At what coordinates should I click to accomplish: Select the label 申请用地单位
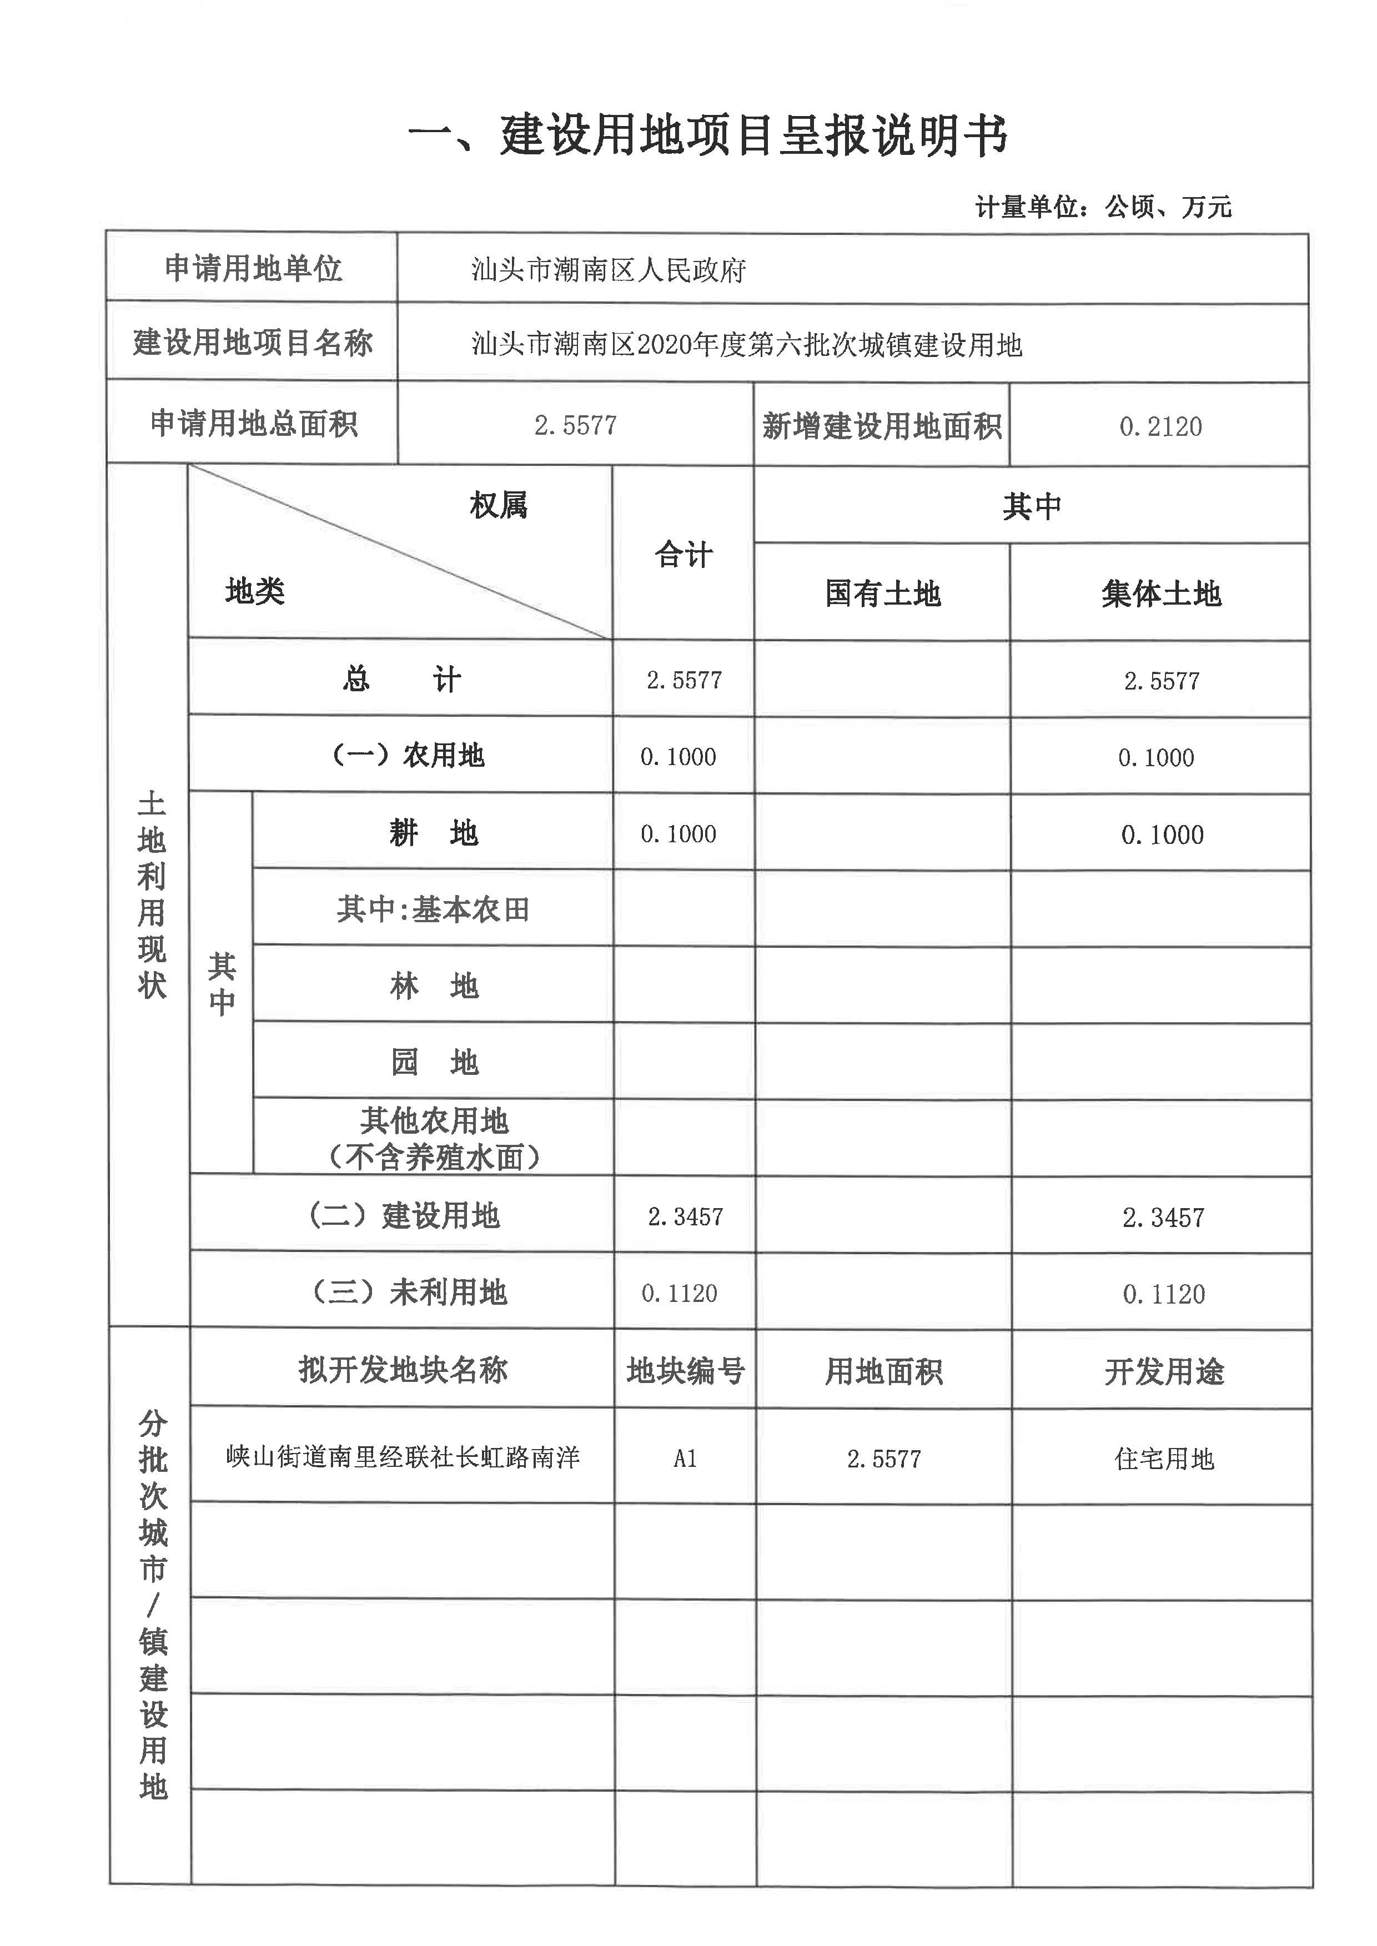point(253,268)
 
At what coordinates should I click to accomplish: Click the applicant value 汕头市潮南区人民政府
point(608,270)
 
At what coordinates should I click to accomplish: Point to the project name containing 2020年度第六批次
point(746,345)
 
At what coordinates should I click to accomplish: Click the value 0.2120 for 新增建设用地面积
point(1160,426)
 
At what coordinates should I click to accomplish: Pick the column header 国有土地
point(883,594)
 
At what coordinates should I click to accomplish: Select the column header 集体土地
point(1161,594)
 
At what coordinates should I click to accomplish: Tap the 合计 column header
point(684,555)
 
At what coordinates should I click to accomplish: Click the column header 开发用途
point(1163,1371)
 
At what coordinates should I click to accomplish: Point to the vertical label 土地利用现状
point(152,894)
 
